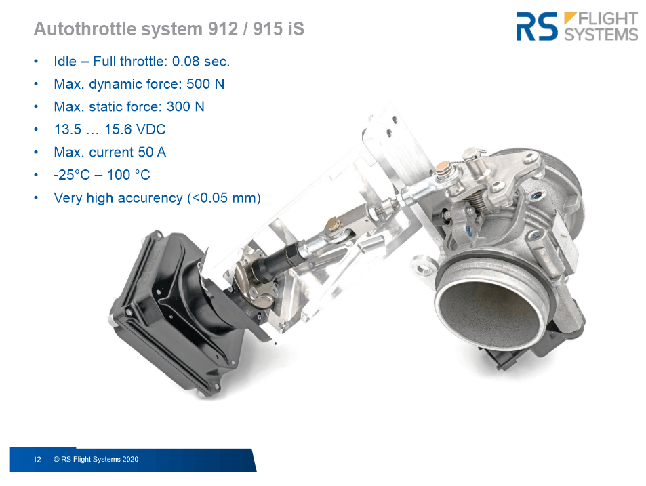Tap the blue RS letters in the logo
tap(537, 26)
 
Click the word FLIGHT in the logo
tap(607, 19)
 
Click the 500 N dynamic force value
tap(205, 84)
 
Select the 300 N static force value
tap(186, 106)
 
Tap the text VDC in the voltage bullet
tap(150, 129)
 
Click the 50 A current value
tap(152, 152)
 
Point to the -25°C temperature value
tap(72, 175)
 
